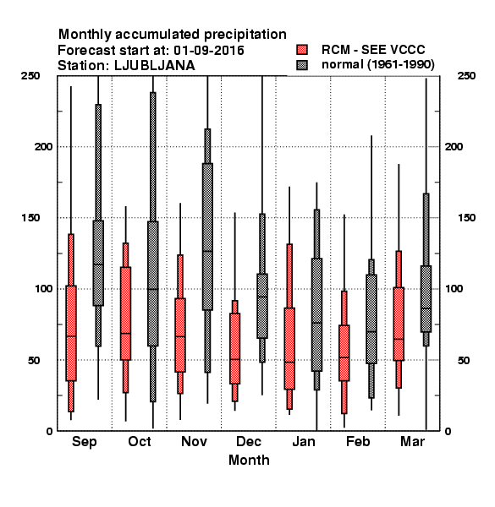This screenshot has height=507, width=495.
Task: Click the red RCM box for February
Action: [344, 352]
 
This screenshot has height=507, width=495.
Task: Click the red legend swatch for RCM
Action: [302, 50]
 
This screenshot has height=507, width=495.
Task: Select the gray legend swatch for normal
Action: [302, 65]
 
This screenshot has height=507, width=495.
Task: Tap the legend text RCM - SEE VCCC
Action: [373, 50]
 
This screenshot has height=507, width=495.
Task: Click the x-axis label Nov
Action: [194, 441]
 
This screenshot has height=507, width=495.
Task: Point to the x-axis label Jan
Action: [303, 441]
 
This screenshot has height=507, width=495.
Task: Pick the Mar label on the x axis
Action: [412, 441]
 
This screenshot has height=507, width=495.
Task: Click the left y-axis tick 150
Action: [30, 218]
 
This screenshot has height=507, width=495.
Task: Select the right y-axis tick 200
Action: [454, 146]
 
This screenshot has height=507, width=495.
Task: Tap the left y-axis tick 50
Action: [34, 360]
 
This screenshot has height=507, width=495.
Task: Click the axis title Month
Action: [249, 461]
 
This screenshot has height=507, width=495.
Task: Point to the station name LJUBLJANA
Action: [155, 66]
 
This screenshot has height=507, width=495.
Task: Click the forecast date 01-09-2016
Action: [209, 51]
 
